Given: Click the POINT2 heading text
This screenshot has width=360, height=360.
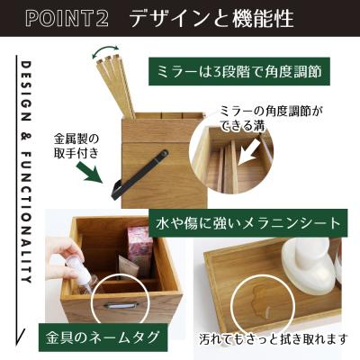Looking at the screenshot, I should point(66,18).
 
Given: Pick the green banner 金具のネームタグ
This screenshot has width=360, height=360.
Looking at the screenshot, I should point(103,337).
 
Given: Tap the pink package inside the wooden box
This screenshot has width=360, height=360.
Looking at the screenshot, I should point(139,247).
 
